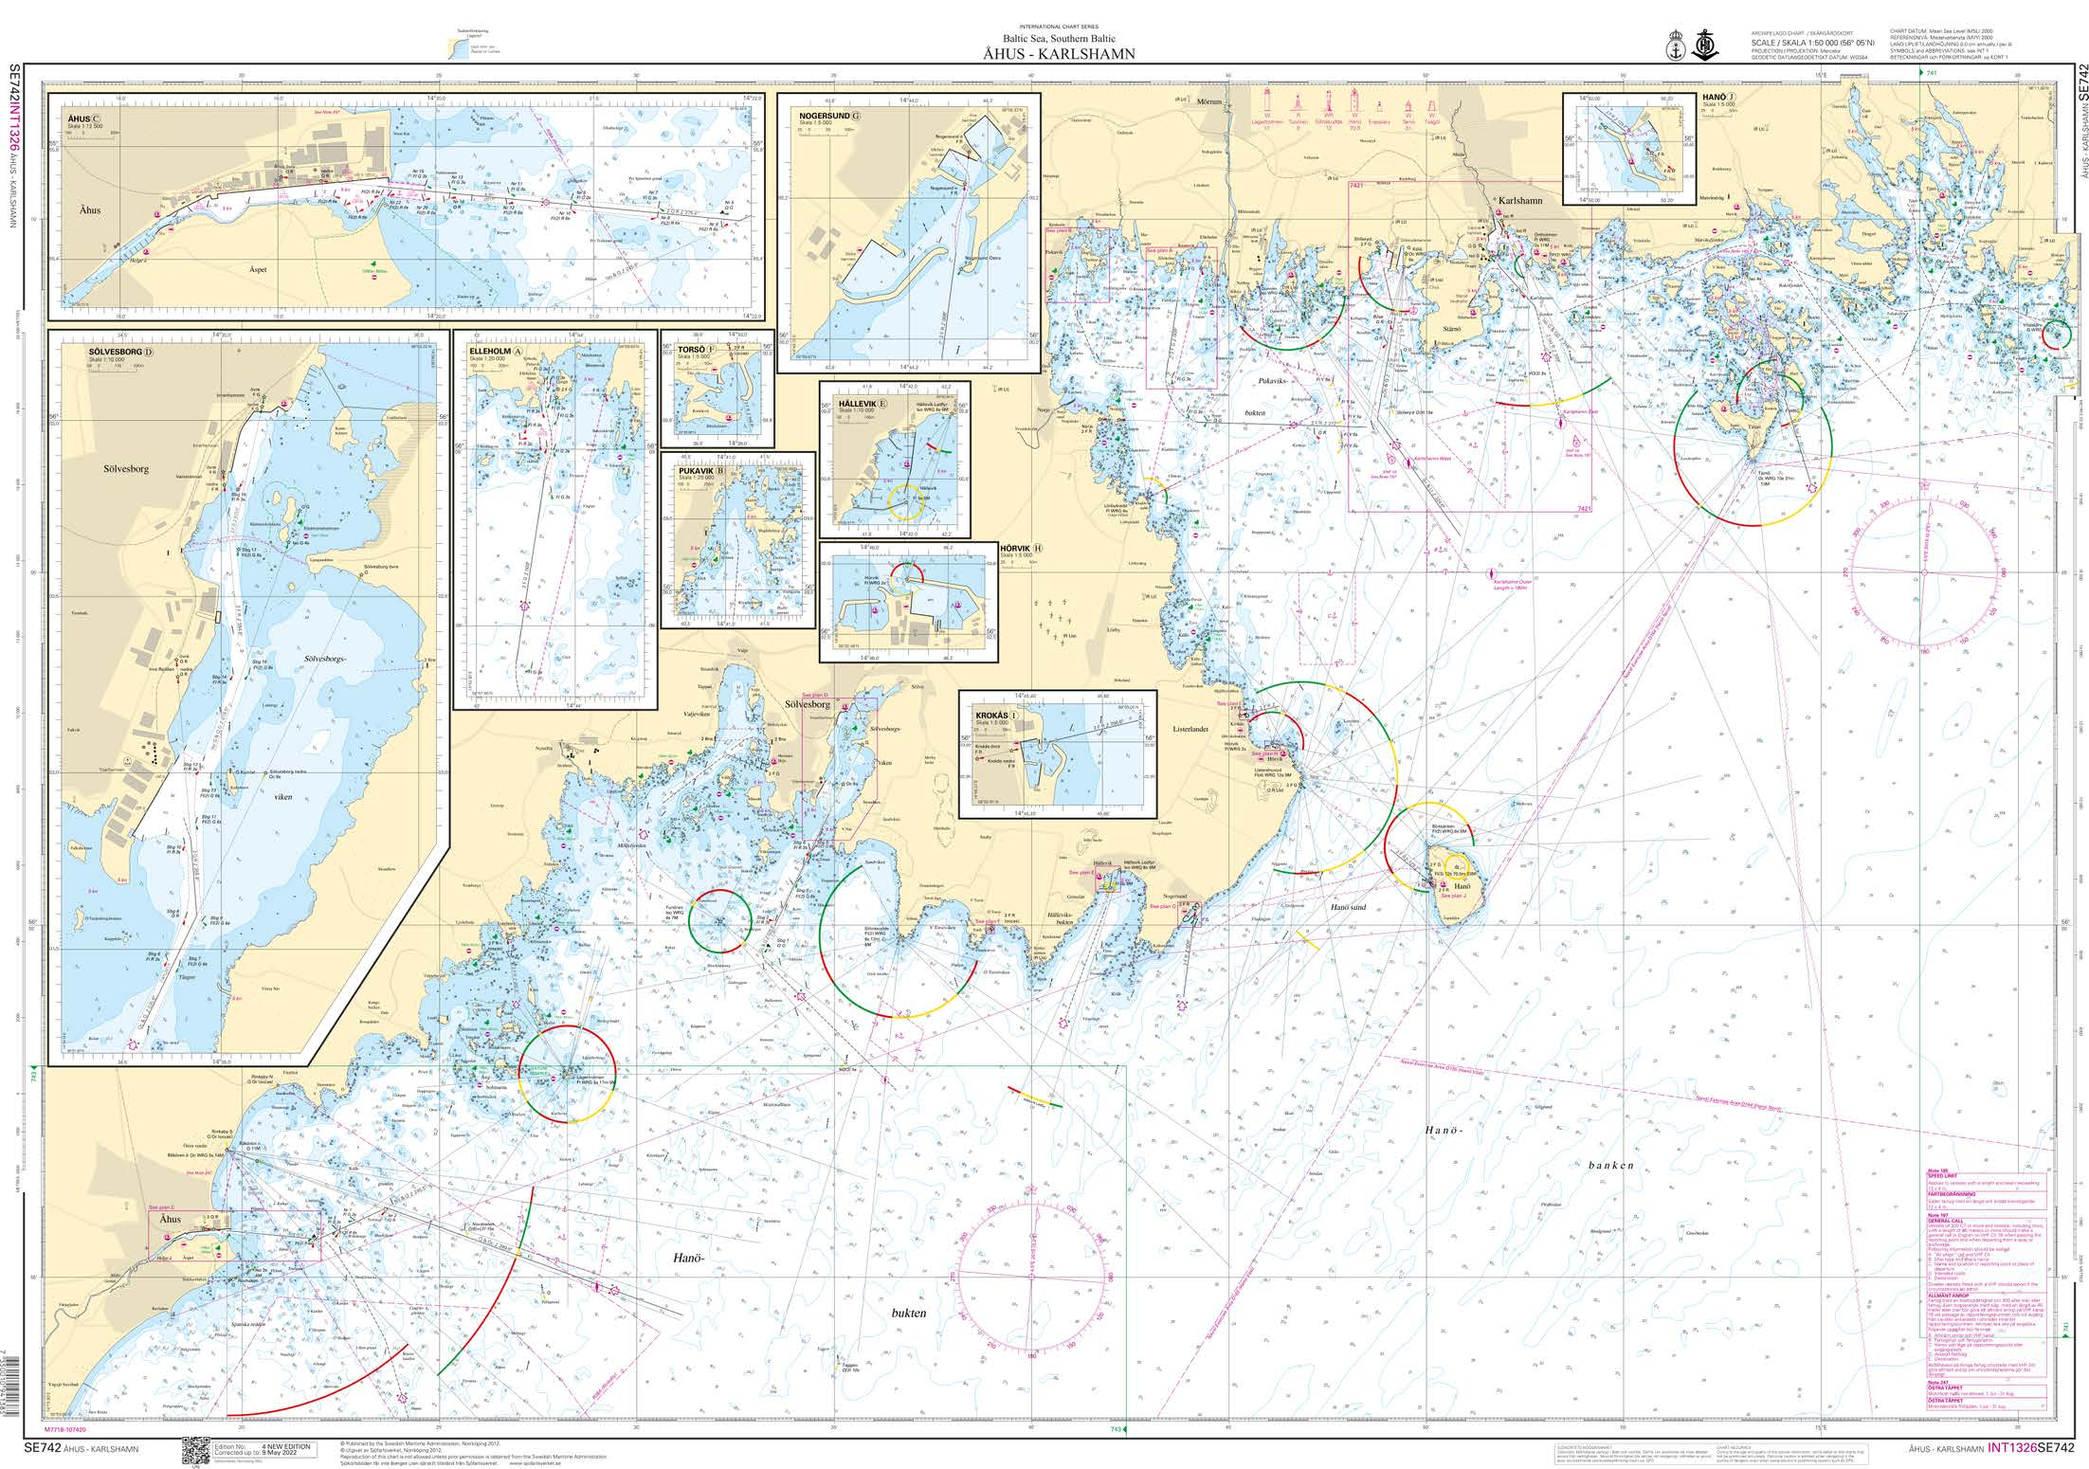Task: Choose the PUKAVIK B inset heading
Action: pos(699,469)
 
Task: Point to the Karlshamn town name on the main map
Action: pos(1520,227)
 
